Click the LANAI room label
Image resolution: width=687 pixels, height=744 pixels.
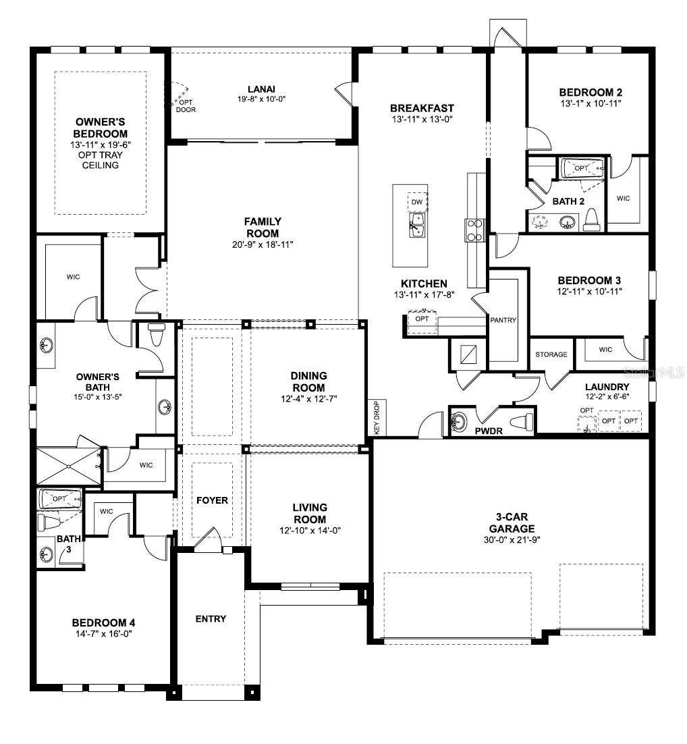[261, 88]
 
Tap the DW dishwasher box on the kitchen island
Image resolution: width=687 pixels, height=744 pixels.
[417, 202]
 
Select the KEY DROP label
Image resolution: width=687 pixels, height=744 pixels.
[377, 417]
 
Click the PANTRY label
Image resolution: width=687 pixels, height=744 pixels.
[503, 320]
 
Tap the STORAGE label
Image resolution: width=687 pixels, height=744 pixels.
[551, 354]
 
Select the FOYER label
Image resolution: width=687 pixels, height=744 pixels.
[212, 500]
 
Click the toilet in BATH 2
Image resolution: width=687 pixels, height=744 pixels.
[592, 219]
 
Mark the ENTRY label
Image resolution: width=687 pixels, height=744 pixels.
[211, 618]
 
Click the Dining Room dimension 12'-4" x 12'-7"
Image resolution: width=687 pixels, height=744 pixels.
[309, 398]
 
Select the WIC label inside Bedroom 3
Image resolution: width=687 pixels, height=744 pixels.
[605, 349]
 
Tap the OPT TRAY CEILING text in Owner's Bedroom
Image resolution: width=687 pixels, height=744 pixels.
[101, 160]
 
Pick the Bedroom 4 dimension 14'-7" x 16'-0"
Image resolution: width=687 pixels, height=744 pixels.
[104, 634]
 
